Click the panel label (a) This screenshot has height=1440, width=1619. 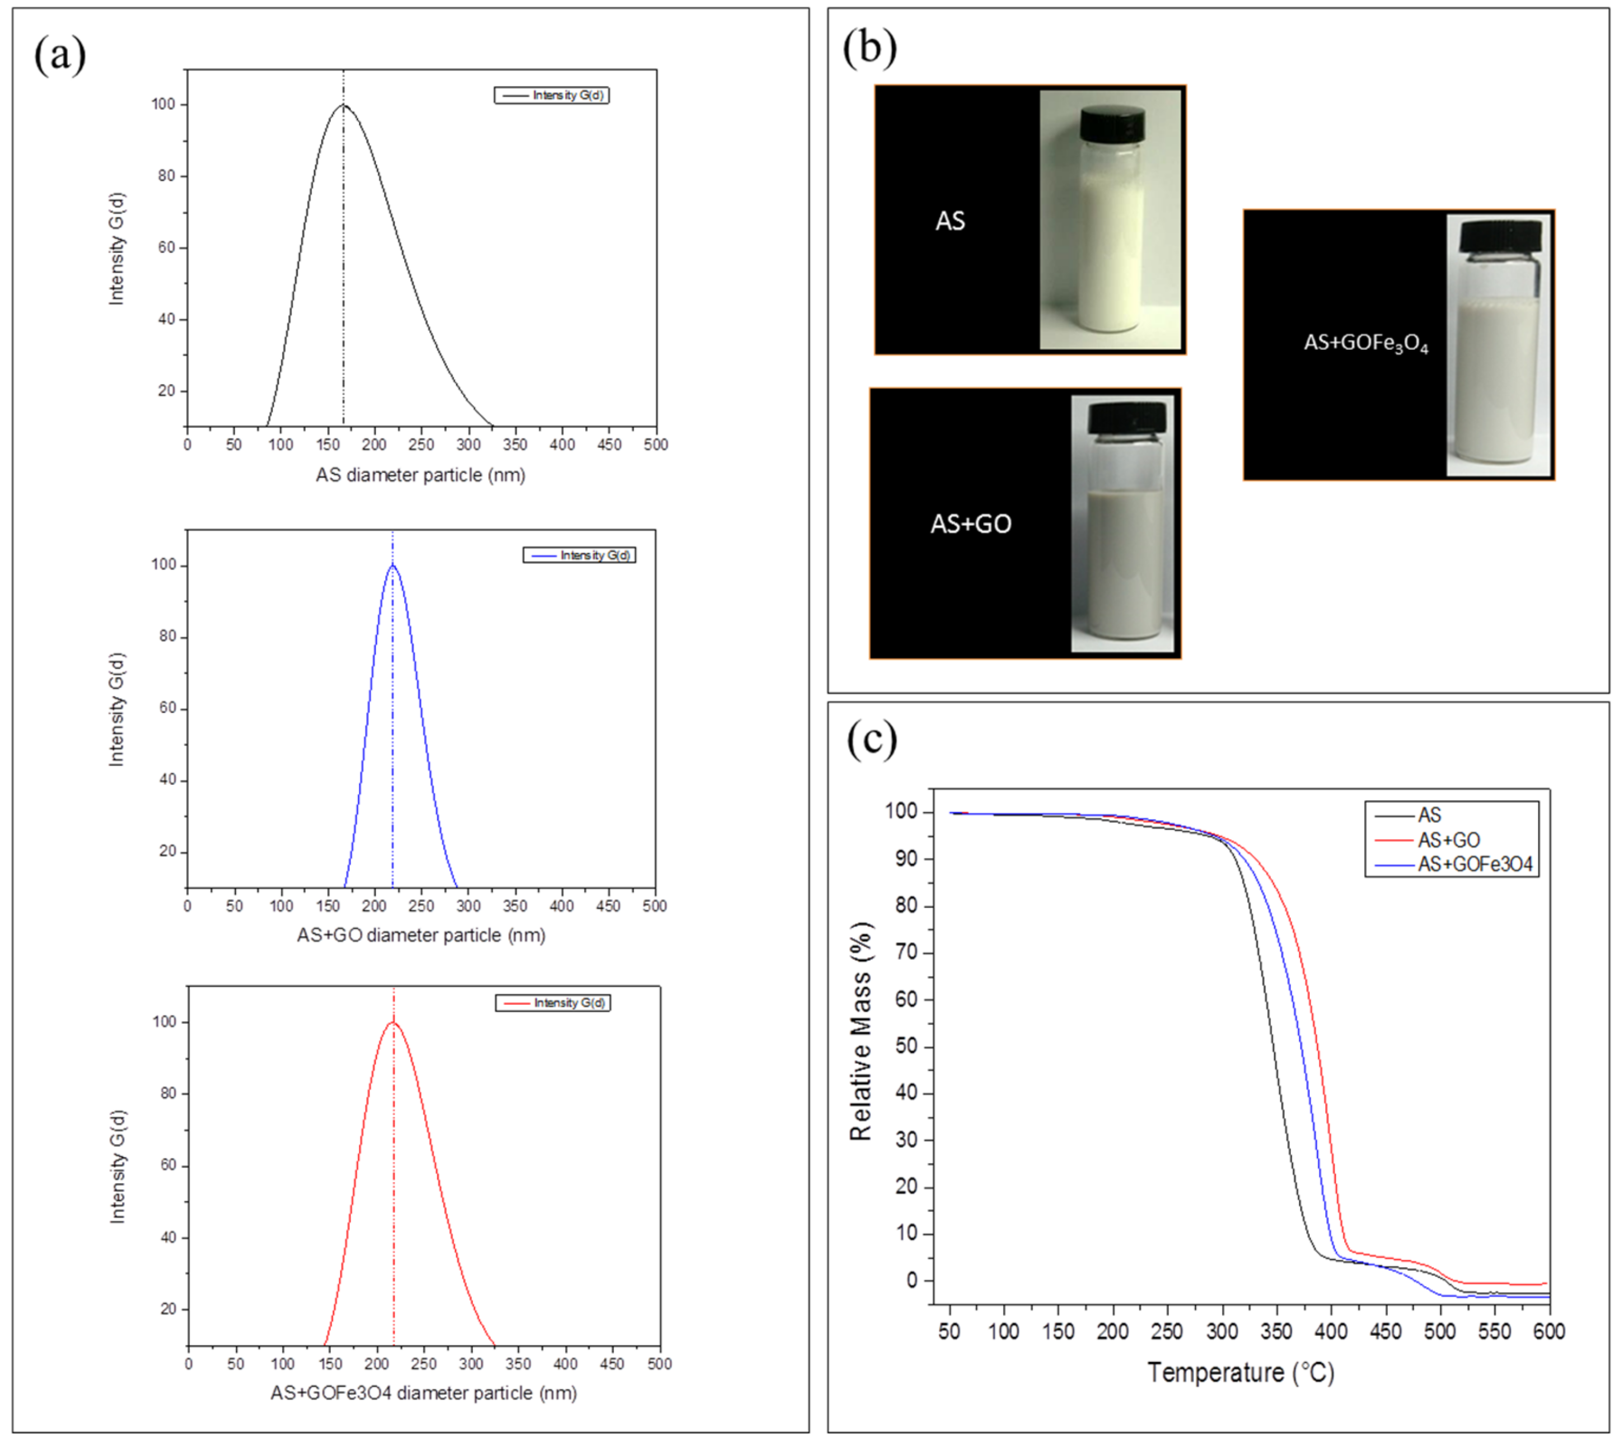59,56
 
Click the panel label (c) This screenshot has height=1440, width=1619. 871,739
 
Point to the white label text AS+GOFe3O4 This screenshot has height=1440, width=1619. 1365,344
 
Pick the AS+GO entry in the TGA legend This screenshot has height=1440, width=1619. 1448,840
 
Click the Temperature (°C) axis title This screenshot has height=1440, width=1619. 1241,1372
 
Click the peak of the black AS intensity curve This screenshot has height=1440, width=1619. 343,105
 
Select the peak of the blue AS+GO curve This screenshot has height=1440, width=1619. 392,565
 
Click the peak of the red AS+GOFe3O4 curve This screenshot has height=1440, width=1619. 393,1022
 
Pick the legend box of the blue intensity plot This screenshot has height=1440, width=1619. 579,555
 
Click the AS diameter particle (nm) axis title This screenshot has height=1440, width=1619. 420,475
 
